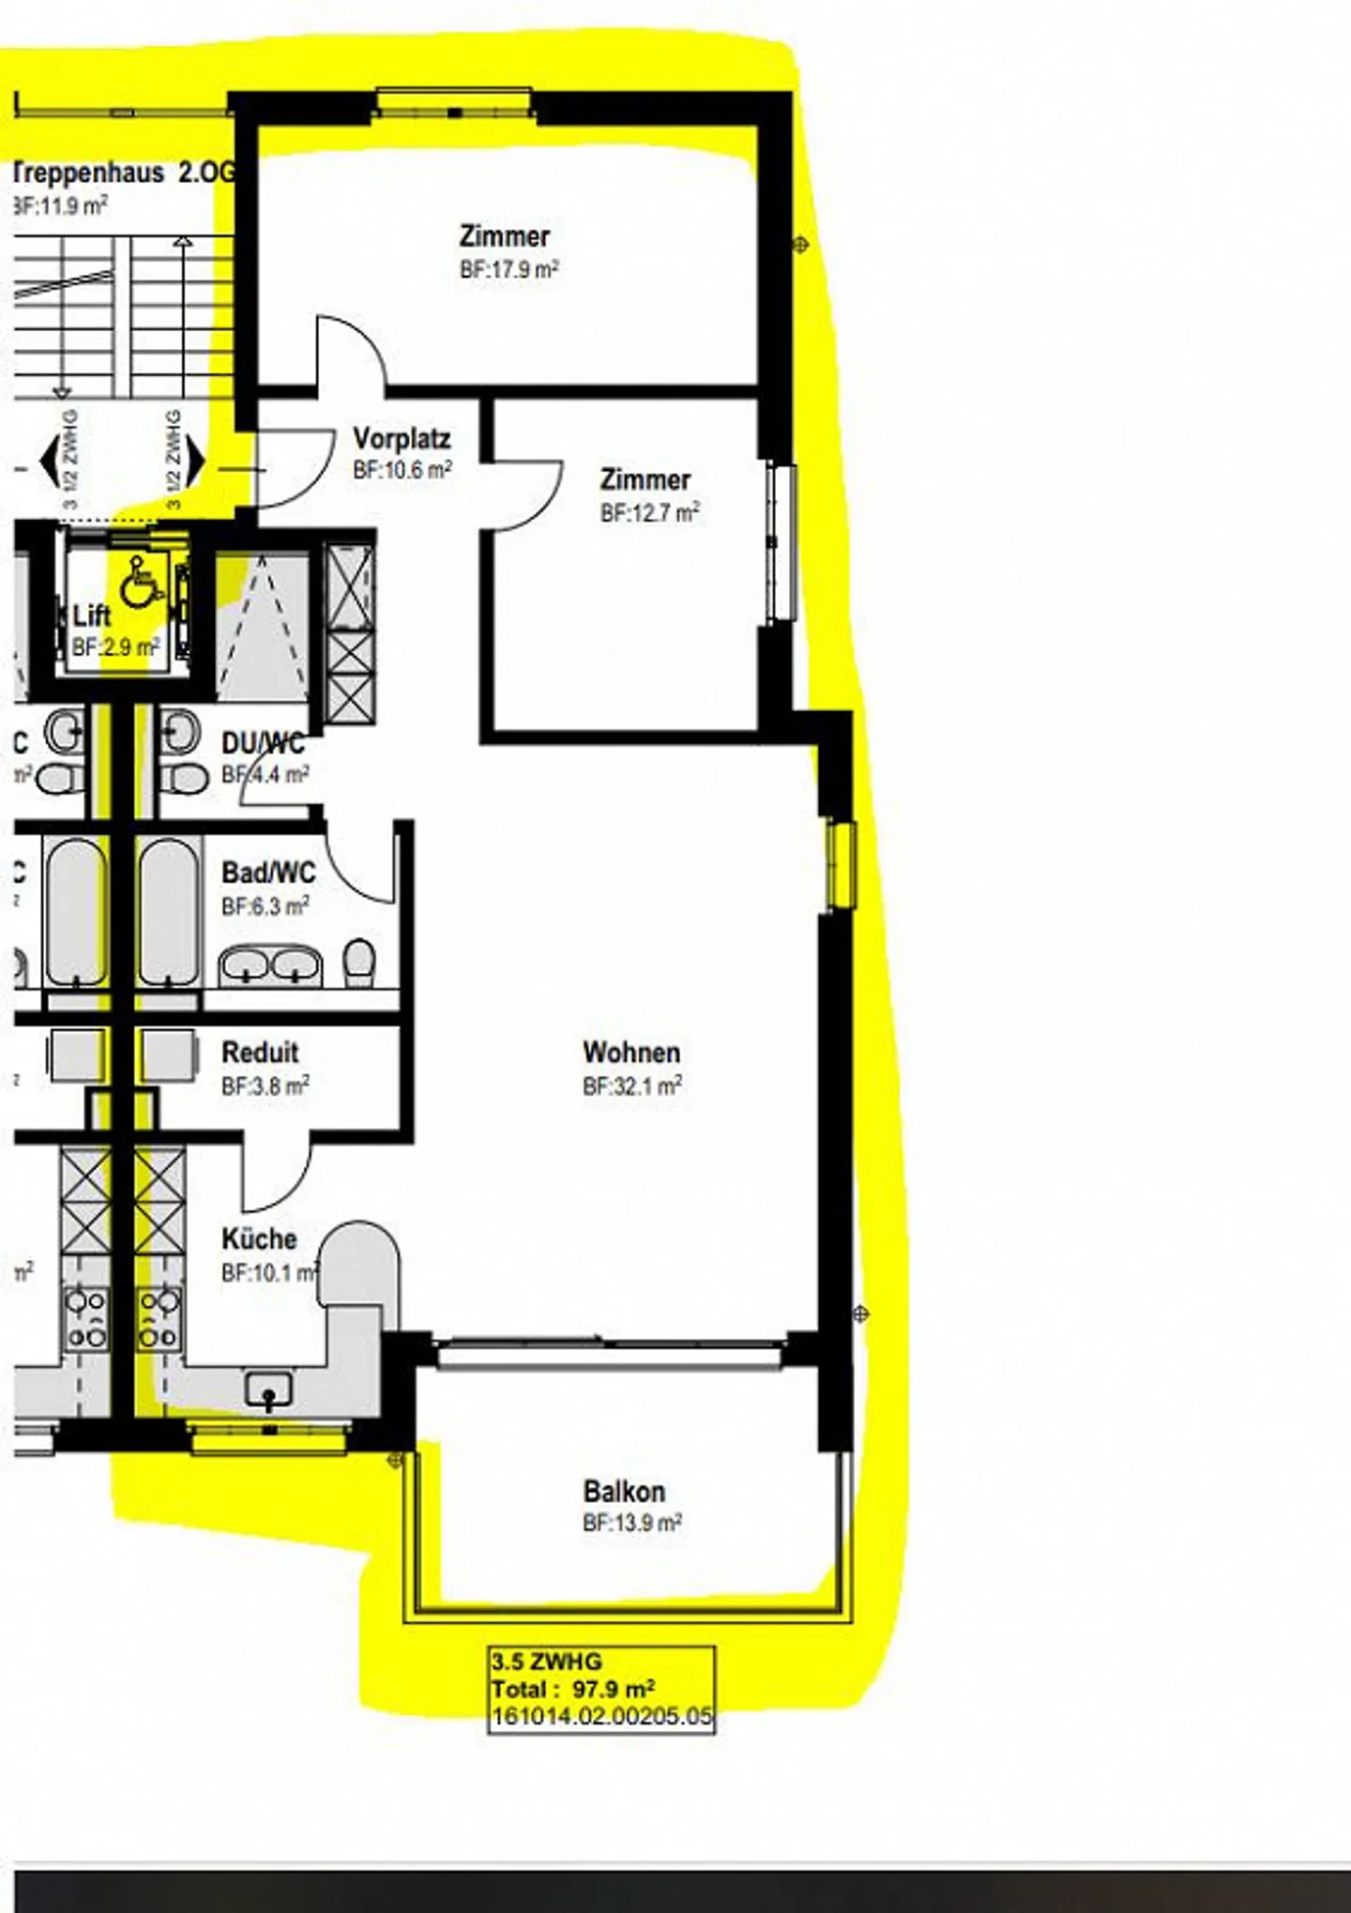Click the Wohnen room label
[x=630, y=1052]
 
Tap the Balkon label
[x=624, y=1491]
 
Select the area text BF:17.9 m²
[x=509, y=270]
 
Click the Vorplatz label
[x=402, y=438]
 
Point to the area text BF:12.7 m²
[x=649, y=513]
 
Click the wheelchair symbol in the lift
[x=141, y=582]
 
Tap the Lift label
[x=92, y=616]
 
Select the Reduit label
[x=260, y=1052]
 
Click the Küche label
[x=259, y=1238]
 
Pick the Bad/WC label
[x=268, y=873]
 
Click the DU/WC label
[x=263, y=744]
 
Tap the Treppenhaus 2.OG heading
[x=122, y=173]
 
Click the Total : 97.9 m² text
[x=573, y=1690]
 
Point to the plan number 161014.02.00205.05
[x=601, y=1717]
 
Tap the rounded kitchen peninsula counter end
[x=358, y=1262]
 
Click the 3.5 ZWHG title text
[x=547, y=1662]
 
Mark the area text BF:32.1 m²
[x=631, y=1086]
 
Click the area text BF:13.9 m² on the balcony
[x=631, y=1523]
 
